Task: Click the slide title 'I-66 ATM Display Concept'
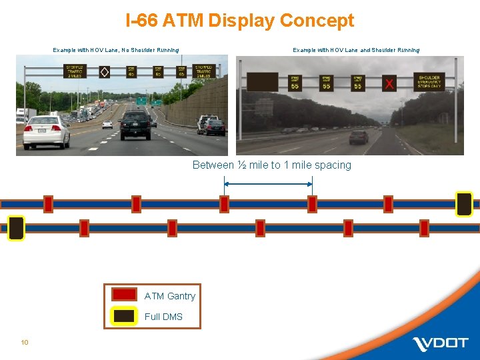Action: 240,21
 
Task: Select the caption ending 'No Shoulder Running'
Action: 115,50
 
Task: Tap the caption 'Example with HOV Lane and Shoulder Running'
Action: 356,50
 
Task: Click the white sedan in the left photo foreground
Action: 46,131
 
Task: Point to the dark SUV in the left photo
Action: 135,124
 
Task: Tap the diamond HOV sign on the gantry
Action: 104,71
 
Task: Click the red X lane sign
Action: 389,84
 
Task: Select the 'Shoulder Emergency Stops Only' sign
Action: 429,81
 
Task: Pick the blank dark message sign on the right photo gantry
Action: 262,81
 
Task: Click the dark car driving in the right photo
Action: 359,137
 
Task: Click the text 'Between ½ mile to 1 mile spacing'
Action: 271,165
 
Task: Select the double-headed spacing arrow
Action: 268,183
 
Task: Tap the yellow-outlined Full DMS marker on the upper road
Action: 464,204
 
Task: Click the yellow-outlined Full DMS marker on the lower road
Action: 16,228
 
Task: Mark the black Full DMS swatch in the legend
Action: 124,316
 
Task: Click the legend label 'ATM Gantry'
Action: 169,296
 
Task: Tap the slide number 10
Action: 25,343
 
